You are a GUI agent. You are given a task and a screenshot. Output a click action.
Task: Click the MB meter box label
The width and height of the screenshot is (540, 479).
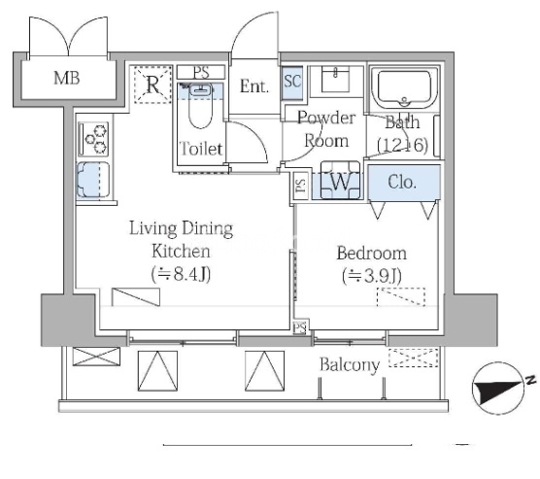click(67, 78)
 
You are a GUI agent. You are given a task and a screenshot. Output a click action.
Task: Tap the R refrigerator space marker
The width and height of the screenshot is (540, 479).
click(152, 85)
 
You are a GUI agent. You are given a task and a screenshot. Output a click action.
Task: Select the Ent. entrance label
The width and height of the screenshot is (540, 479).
click(254, 86)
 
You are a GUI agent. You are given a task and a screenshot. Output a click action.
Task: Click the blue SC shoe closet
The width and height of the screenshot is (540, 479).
click(292, 83)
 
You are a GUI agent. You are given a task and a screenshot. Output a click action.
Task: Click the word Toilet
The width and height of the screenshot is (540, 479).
click(201, 149)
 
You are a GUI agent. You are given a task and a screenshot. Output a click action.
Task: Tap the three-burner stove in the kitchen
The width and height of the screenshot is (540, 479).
click(93, 139)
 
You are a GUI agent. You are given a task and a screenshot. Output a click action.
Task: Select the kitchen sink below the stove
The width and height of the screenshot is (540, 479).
click(93, 181)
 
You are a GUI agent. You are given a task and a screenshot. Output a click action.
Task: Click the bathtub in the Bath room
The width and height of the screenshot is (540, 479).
click(404, 88)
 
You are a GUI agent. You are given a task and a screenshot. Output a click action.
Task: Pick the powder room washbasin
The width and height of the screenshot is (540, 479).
click(335, 81)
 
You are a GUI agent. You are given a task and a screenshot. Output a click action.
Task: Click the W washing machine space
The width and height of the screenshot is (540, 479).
click(341, 181)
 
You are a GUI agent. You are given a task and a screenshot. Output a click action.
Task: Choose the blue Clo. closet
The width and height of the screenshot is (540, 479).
click(404, 183)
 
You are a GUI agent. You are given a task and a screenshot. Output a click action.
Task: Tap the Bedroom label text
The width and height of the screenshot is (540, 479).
click(372, 254)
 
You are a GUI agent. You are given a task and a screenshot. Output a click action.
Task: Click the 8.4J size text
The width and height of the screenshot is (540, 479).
click(182, 274)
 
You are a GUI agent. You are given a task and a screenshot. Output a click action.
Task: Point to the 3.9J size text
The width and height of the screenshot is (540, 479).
click(372, 276)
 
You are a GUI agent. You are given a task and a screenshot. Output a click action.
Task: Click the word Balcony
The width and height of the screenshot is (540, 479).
click(350, 365)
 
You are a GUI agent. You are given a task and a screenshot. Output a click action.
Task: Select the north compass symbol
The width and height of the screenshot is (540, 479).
click(499, 389)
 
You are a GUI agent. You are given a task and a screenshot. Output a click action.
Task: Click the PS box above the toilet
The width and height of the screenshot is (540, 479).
click(201, 73)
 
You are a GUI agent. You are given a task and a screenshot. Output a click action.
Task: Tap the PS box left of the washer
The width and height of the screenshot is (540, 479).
click(301, 186)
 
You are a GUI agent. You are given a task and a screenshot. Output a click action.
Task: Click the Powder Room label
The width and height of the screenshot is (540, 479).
click(326, 129)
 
